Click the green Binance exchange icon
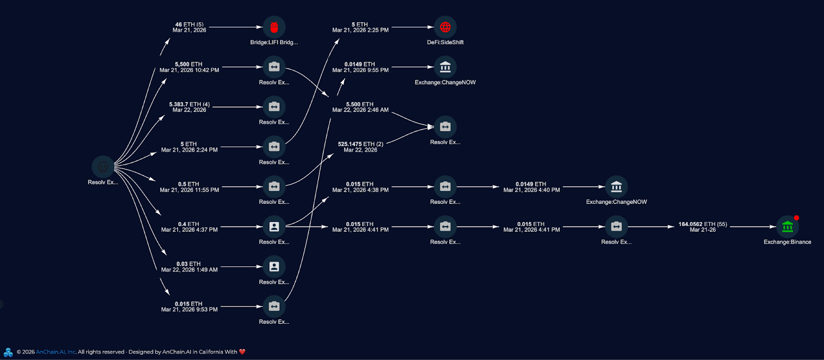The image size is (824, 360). [x=787, y=227]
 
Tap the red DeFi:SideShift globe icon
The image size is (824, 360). [x=445, y=27]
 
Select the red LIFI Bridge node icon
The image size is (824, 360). [x=274, y=27]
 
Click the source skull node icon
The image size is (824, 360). [x=102, y=167]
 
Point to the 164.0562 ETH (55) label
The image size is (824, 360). [x=702, y=224]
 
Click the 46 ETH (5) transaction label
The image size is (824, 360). [x=189, y=24]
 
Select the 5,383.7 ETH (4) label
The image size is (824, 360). [x=189, y=104]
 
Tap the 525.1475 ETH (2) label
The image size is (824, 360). [x=360, y=144]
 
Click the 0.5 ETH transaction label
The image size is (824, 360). [x=188, y=184]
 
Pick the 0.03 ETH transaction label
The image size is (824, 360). [x=188, y=264]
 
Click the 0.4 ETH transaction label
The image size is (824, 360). [x=188, y=224]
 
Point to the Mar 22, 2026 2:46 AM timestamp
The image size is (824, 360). [x=360, y=110]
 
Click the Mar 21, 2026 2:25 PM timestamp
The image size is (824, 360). [x=360, y=30]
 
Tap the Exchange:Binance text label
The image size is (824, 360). [x=787, y=242]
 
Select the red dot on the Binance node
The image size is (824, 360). [x=796, y=218]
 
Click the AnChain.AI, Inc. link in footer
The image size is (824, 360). [x=56, y=352]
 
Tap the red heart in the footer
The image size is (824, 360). [x=242, y=352]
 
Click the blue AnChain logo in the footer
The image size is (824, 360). [x=8, y=352]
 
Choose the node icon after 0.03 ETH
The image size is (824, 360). [x=274, y=267]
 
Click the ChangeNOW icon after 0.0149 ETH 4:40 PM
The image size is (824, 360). [x=616, y=186]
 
